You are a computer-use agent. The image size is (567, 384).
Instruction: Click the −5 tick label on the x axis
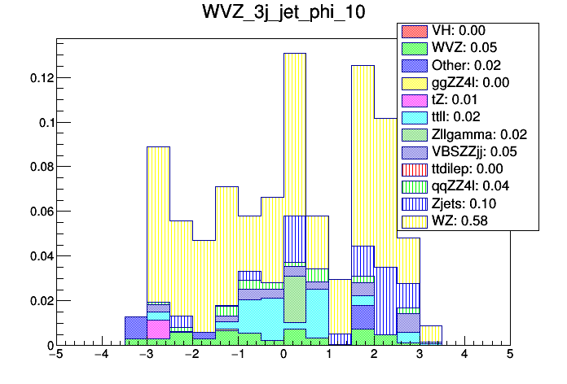(x=55, y=356)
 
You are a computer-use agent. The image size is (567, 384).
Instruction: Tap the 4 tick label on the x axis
(x=464, y=356)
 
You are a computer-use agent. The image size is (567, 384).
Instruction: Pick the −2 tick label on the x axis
(x=191, y=356)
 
